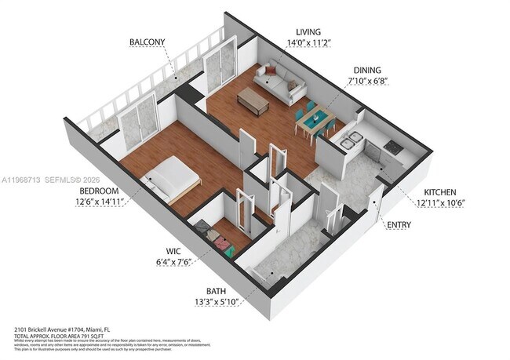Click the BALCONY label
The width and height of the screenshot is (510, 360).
(x=148, y=42)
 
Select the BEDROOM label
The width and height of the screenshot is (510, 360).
(x=98, y=191)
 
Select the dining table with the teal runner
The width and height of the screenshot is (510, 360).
(x=315, y=122)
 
